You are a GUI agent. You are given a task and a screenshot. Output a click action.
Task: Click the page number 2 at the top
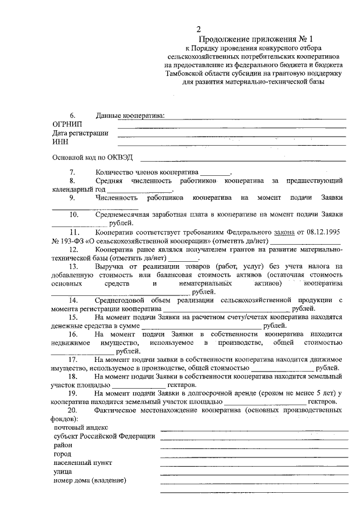198,29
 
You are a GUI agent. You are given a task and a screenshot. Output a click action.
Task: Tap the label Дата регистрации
80,133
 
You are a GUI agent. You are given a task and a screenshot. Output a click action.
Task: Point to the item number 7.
72,171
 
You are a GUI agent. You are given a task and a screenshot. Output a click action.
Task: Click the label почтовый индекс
80,427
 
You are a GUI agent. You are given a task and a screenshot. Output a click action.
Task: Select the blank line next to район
254,448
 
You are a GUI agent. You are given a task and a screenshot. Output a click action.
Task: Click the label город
63,454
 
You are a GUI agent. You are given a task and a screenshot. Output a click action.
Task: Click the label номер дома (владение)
89,480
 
